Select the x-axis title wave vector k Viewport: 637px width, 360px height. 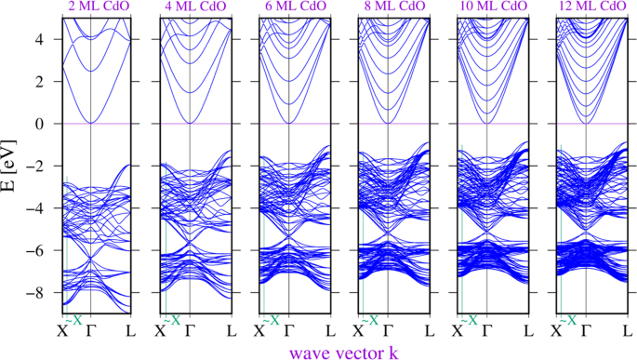[x=343, y=352]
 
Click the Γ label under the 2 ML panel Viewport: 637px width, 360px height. [x=91, y=330]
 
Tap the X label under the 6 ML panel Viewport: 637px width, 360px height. [x=259, y=330]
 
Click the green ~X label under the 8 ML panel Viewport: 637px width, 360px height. [x=369, y=320]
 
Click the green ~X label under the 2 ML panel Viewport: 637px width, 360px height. [x=73, y=320]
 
